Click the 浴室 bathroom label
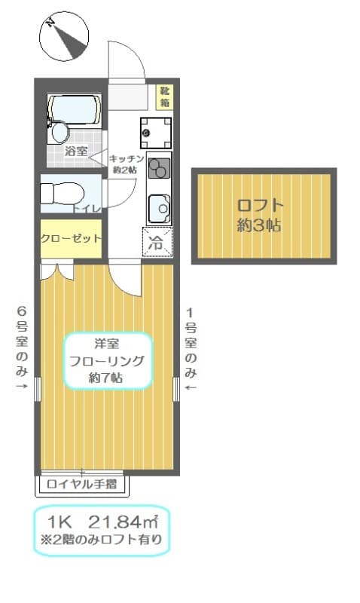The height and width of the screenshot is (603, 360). [75, 151]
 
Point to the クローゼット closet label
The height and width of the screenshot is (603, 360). [71, 238]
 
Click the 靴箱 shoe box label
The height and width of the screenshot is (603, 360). [163, 95]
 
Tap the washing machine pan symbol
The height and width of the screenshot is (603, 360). [154, 133]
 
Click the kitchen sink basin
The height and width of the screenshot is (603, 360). [159, 206]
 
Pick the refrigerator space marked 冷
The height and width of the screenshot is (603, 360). [157, 243]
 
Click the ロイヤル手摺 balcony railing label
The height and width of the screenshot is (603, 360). [81, 484]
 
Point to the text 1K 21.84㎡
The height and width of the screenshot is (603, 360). [102, 522]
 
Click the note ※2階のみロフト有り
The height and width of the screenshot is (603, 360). [102, 540]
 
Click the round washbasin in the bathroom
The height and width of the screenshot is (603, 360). [59, 133]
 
